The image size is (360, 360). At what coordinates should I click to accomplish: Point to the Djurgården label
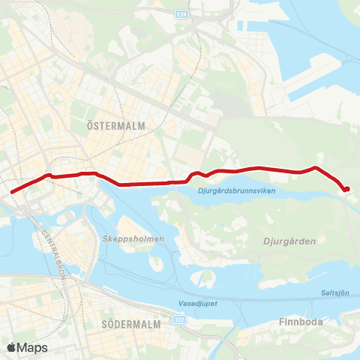(x=289, y=241)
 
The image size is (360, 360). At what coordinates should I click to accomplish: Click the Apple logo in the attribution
(x=12, y=347)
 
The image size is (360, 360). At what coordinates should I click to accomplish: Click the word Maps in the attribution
(x=33, y=347)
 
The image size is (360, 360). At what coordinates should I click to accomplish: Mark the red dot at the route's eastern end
(x=346, y=189)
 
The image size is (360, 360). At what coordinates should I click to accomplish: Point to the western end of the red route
(x=12, y=192)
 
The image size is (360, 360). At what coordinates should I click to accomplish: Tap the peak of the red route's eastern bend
(x=316, y=167)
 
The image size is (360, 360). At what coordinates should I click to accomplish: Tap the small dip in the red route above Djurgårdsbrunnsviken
(x=205, y=176)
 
